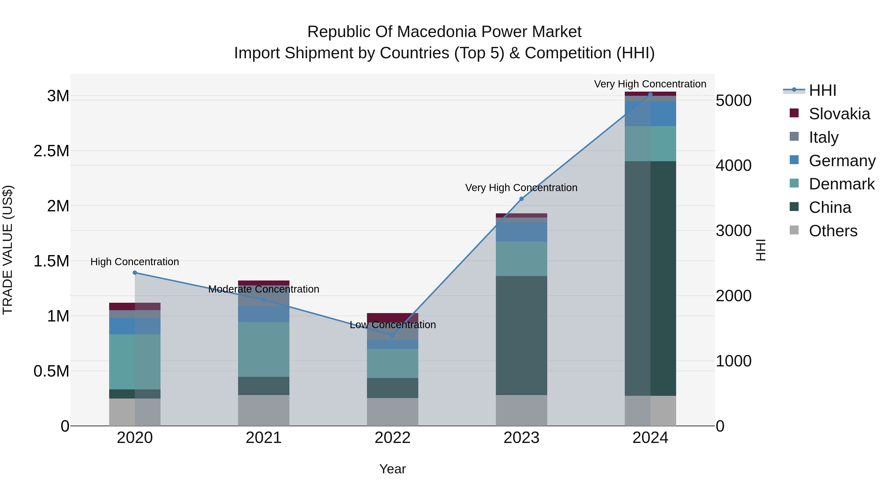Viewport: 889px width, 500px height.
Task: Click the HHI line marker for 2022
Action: (x=392, y=335)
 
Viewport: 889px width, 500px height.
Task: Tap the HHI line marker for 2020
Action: (x=135, y=273)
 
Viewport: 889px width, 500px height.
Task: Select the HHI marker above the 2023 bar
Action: (x=522, y=199)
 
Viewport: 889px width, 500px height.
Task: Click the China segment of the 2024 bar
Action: (x=650, y=278)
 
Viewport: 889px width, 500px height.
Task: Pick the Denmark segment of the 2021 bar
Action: (x=264, y=349)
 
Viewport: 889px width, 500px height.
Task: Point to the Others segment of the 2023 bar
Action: (x=522, y=410)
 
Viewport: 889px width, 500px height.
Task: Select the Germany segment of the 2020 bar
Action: (x=135, y=326)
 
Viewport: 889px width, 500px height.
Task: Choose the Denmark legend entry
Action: (x=841, y=184)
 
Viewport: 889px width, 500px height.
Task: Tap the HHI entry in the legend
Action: (x=822, y=90)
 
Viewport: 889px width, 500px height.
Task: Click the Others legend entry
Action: (x=832, y=231)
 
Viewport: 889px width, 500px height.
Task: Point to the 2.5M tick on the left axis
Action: (x=51, y=151)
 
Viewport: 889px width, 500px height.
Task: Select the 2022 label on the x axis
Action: (x=392, y=438)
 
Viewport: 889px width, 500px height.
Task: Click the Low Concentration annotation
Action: (x=393, y=325)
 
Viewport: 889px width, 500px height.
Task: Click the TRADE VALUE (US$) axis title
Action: (x=8, y=250)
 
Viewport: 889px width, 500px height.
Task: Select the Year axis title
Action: (x=392, y=469)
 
